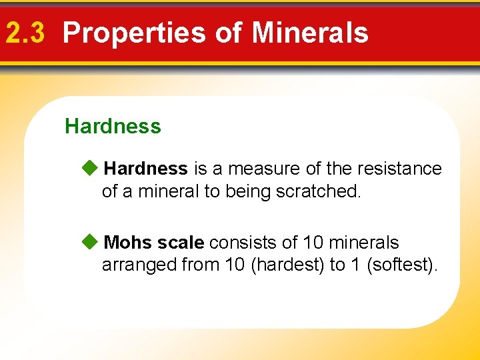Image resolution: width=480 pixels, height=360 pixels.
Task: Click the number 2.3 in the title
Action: (25, 33)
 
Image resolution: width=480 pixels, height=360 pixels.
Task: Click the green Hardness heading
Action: (113, 126)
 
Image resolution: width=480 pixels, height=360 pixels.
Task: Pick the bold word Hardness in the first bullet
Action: (146, 169)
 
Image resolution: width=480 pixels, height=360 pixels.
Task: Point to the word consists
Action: (241, 242)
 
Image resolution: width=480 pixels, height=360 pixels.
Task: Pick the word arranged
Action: (139, 265)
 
